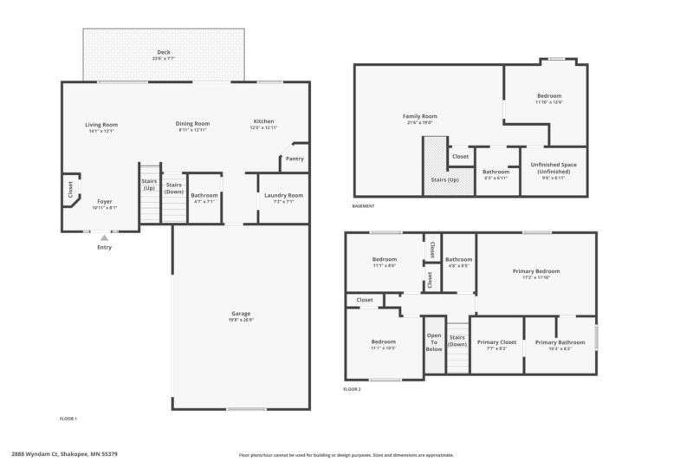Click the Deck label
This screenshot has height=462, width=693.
(164, 53)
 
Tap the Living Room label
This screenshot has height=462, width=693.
(101, 124)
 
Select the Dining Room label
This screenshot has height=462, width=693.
(193, 123)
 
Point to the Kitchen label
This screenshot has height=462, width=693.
(264, 120)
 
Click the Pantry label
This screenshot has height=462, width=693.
(295, 159)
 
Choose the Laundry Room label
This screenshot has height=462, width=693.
(282, 195)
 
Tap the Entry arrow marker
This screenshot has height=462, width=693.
(105, 237)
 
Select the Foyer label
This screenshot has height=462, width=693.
(104, 201)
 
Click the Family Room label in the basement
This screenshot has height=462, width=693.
(420, 115)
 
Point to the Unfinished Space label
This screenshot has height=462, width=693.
(554, 167)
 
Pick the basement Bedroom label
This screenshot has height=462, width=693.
(549, 95)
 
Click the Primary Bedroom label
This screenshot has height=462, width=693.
(536, 271)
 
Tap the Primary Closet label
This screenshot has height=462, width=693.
(496, 342)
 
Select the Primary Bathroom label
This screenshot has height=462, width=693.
(560, 342)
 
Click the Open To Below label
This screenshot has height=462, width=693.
(434, 342)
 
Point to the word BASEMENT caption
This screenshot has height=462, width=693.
(364, 206)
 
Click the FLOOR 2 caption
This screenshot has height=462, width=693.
(352, 389)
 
